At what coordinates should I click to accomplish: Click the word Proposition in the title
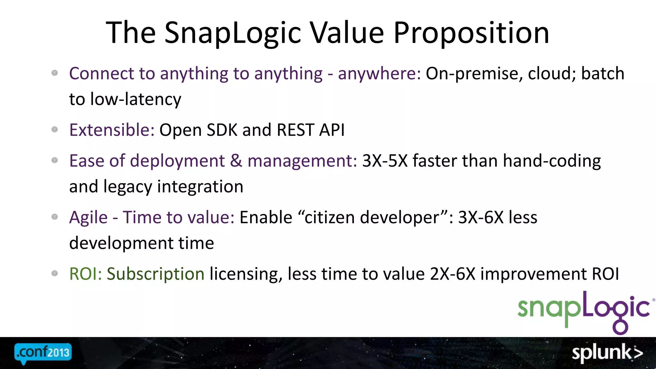coord(471,33)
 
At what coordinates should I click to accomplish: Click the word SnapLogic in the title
coord(233,33)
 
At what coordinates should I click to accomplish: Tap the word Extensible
coord(112,130)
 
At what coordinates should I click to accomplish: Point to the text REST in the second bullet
coord(295,130)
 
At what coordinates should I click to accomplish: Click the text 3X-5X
coord(385,161)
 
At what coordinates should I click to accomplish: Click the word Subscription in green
coord(155,274)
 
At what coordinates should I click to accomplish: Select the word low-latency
coord(135,99)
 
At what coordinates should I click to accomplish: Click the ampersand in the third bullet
coord(236,161)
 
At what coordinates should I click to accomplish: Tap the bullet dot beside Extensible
coord(55,129)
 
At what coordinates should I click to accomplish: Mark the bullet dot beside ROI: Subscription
coord(55,273)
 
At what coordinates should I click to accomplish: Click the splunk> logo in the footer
coord(607,353)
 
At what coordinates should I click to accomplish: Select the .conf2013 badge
coord(43,353)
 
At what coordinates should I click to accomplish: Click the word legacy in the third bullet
coord(128,187)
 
